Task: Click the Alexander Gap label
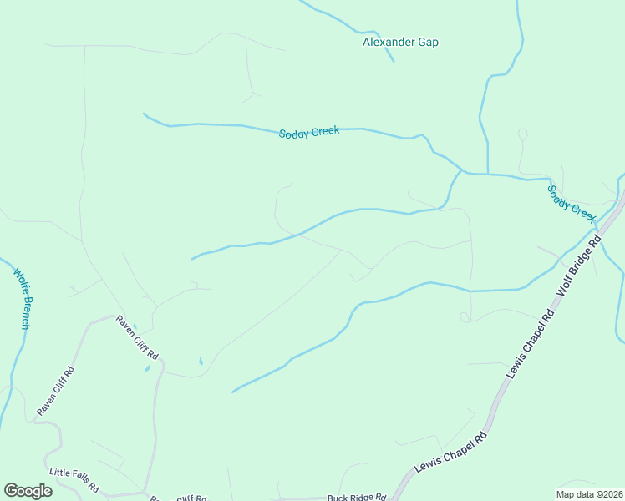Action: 400,43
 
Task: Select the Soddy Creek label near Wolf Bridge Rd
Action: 572,202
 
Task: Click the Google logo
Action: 28,490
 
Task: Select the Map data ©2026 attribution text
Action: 589,494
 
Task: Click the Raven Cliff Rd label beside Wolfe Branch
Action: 55,391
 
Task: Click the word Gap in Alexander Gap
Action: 428,43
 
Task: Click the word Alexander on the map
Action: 389,43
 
